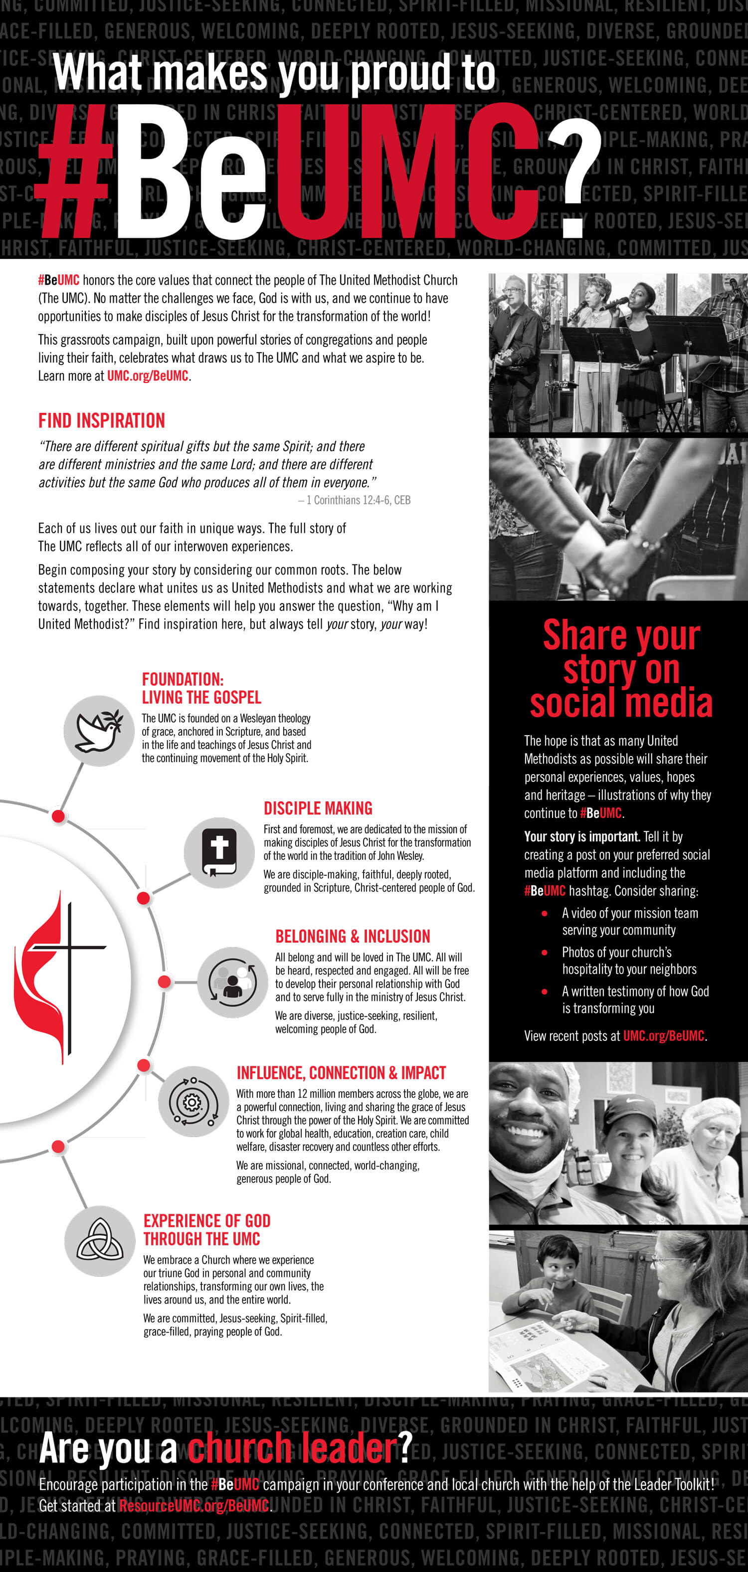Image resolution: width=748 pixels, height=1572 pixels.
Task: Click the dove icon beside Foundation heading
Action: pyautogui.click(x=99, y=731)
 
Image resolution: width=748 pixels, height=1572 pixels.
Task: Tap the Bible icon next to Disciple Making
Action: pyautogui.click(x=219, y=852)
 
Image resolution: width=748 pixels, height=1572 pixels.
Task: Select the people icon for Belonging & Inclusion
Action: pyautogui.click(x=232, y=982)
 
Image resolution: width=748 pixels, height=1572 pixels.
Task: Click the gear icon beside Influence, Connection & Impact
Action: pyautogui.click(x=193, y=1102)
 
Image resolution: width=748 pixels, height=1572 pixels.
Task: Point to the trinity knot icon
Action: pyautogui.click(x=99, y=1241)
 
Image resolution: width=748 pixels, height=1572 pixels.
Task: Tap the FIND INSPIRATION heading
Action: pyautogui.click(x=101, y=420)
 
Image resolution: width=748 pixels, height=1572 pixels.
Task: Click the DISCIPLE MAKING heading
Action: pyautogui.click(x=318, y=808)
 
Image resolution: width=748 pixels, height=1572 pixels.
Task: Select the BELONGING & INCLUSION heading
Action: pyautogui.click(x=353, y=936)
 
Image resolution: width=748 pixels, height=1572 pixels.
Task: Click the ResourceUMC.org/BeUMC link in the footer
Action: pyautogui.click(x=194, y=1506)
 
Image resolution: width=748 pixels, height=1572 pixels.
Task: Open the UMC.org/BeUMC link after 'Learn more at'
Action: pyautogui.click(x=148, y=376)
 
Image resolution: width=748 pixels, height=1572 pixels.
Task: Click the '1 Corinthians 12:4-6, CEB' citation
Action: pyautogui.click(x=354, y=500)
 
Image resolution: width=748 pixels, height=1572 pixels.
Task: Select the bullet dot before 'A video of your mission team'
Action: pyautogui.click(x=544, y=914)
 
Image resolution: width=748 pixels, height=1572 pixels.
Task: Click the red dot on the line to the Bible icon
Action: pyautogui.click(x=144, y=898)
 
